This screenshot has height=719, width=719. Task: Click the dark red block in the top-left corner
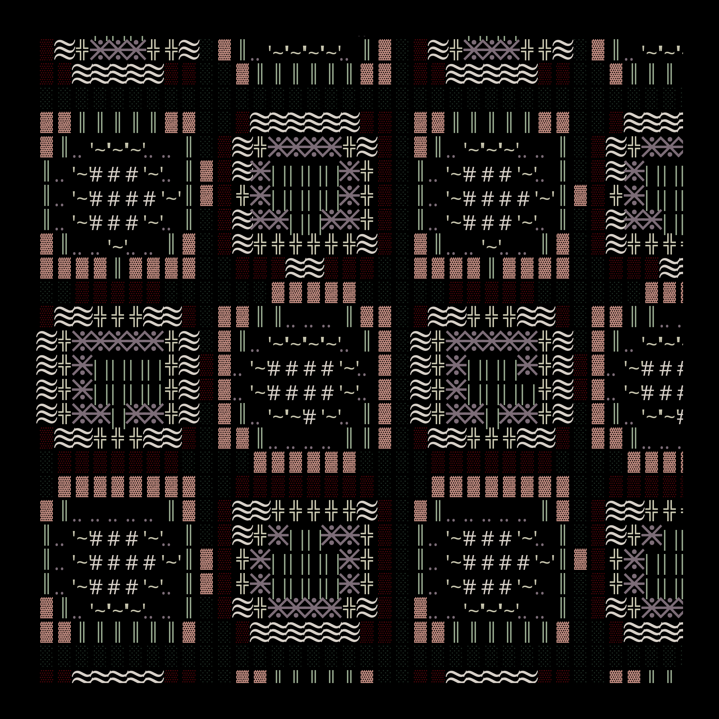click(x=46, y=50)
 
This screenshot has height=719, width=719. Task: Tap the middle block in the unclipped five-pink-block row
click(x=313, y=292)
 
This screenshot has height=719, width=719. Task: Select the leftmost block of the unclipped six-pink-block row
click(x=260, y=462)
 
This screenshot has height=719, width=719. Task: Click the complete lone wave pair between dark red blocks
click(x=304, y=268)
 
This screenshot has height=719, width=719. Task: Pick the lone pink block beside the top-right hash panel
click(x=580, y=195)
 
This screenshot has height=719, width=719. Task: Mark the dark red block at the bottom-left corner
click(x=46, y=677)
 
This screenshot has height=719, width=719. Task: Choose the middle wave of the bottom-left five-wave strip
click(x=118, y=677)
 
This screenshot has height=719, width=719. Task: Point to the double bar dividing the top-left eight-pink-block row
click(x=118, y=268)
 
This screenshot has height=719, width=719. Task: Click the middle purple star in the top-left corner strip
click(x=118, y=50)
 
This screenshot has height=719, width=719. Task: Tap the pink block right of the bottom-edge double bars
click(x=367, y=677)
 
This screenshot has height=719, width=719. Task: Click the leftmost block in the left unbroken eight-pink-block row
click(x=64, y=486)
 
